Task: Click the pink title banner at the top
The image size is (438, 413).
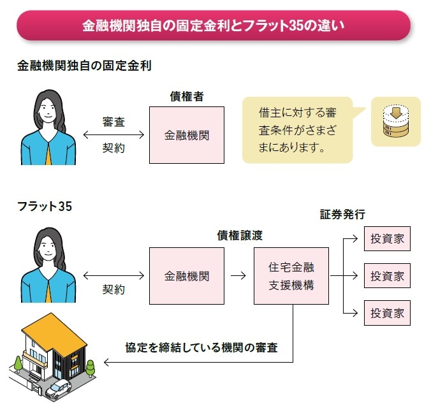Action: pyautogui.click(x=214, y=25)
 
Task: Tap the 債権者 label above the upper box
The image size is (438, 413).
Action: pyautogui.click(x=186, y=96)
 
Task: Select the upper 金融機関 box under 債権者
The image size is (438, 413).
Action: pyautogui.click(x=186, y=135)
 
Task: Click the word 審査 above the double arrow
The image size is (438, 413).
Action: pyautogui.click(x=114, y=122)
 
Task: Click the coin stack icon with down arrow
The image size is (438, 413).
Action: pyautogui.click(x=395, y=122)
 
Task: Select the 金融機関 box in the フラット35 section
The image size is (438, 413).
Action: pyautogui.click(x=186, y=276)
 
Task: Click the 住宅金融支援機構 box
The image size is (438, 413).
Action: pyautogui.click(x=291, y=276)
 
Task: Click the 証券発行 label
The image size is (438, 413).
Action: pyautogui.click(x=342, y=214)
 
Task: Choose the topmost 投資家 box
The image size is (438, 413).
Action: pyautogui.click(x=387, y=240)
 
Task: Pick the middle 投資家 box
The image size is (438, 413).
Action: pyautogui.click(x=387, y=276)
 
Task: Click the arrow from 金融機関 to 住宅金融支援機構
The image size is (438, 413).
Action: pyautogui.click(x=238, y=276)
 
